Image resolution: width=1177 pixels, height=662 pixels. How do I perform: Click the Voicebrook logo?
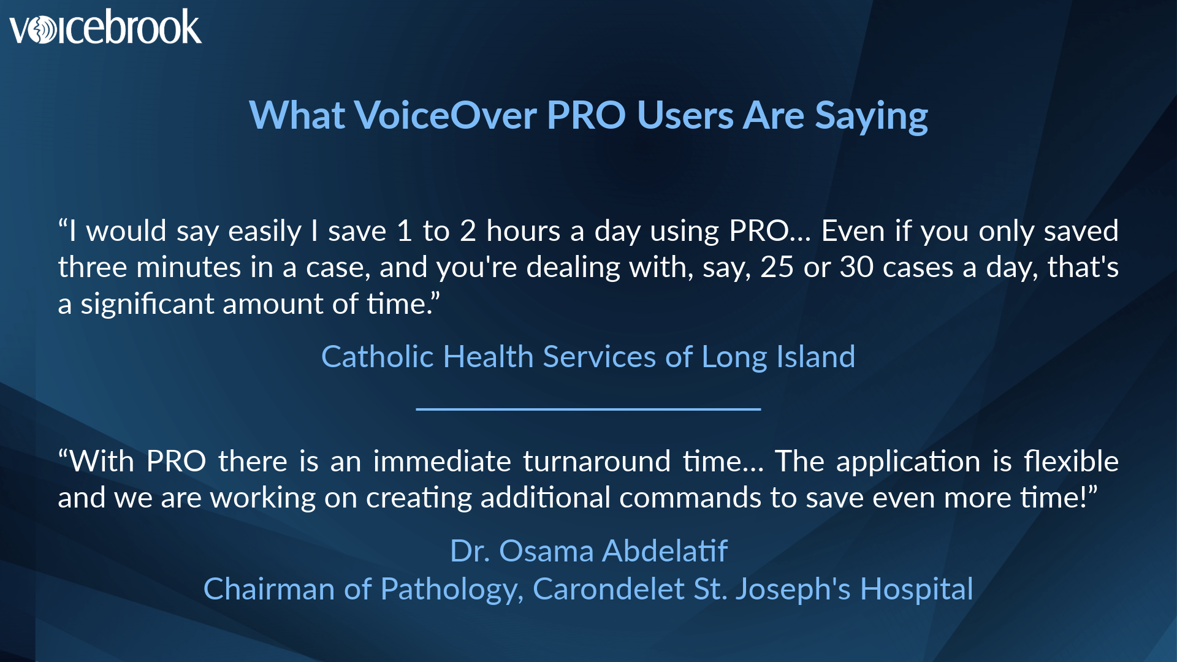[105, 27]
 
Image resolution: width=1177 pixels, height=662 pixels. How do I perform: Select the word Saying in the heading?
[871, 116]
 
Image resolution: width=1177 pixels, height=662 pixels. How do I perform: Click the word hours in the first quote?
[523, 231]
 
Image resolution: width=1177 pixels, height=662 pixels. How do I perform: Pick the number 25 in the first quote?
[777, 267]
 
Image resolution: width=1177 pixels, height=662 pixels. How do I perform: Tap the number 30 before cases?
[856, 267]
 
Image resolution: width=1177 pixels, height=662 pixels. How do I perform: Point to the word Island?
[815, 357]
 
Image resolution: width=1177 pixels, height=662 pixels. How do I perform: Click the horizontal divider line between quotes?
[588, 409]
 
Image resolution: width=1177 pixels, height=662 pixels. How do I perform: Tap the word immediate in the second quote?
[442, 461]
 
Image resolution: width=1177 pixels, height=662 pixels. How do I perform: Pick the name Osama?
[546, 550]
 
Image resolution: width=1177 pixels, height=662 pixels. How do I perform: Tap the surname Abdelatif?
[665, 550]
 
